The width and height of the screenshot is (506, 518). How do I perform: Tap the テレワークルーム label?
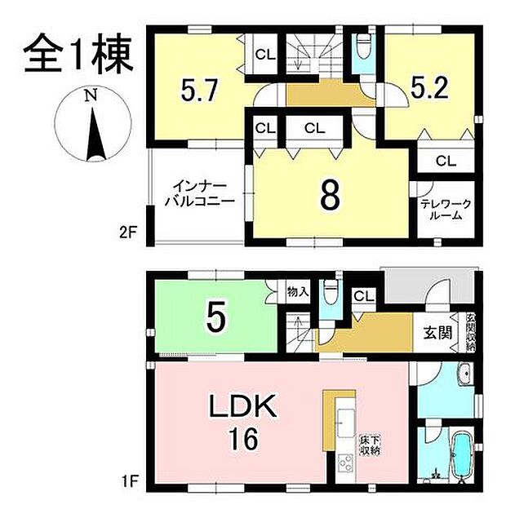(x=443, y=210)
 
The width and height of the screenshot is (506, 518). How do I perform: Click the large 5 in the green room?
(x=215, y=318)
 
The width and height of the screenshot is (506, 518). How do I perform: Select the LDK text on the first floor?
(x=245, y=405)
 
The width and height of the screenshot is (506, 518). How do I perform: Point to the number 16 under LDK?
(x=243, y=440)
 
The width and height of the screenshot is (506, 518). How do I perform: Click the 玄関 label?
(x=437, y=333)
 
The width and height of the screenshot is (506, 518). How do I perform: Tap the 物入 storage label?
(x=298, y=291)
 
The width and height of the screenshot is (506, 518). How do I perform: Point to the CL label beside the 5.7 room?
(x=264, y=55)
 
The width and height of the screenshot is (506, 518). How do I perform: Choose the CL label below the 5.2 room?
(x=444, y=161)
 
